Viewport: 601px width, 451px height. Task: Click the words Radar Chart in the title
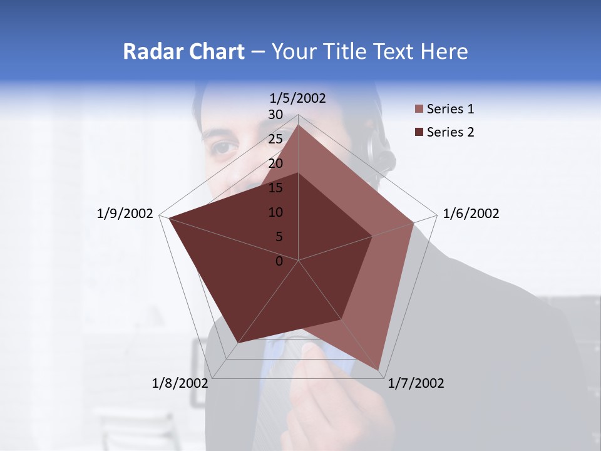coord(183,51)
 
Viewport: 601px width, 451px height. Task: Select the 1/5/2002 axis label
coord(297,98)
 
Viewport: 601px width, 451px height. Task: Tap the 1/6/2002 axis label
coord(471,214)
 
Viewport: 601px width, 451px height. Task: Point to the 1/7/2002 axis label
coord(416,383)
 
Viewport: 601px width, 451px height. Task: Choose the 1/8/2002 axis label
coord(180,383)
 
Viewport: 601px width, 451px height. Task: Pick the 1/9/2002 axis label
coord(125,214)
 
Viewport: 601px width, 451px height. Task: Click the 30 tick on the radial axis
coord(275,115)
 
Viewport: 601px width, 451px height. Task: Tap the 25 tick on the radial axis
coord(275,139)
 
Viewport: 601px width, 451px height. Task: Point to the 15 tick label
coord(275,188)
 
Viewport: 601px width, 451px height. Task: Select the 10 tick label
coord(275,212)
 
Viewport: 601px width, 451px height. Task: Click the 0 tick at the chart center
coord(279,261)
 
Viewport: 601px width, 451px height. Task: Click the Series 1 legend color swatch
coord(419,110)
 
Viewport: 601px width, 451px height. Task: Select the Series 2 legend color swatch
coord(419,132)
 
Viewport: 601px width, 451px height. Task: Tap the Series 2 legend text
coord(450,132)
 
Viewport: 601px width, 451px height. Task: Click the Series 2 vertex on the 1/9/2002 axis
coord(168,217)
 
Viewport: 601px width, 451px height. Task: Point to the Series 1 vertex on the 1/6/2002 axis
coord(414,222)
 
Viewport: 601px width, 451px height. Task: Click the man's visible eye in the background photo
coord(224,148)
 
